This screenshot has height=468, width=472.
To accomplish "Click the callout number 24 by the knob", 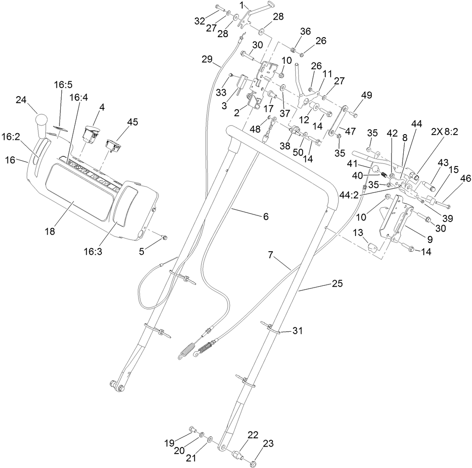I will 21,100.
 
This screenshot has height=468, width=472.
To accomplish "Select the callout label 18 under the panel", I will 50,231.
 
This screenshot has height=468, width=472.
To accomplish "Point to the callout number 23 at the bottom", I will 268,444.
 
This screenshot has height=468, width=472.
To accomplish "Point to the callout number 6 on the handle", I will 266,216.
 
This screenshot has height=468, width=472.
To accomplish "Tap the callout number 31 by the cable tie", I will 297,332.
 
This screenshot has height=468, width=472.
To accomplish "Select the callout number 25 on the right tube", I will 336,284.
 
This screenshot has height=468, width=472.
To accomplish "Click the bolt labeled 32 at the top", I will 219,8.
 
